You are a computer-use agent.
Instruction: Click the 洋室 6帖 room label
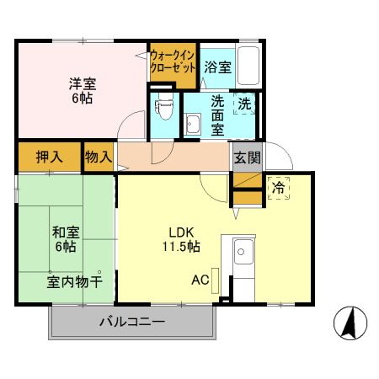[x=81, y=91]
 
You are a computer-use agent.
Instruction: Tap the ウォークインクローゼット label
[x=173, y=63]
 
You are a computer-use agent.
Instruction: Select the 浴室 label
[x=217, y=67]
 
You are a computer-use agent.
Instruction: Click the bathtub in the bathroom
[x=248, y=66]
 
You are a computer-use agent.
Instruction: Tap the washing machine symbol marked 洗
[x=243, y=105]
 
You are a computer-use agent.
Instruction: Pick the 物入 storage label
[x=99, y=157]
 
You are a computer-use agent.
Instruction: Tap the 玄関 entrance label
[x=247, y=157]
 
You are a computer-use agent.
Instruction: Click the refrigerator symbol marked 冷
[x=278, y=189]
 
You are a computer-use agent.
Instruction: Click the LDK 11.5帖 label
[x=181, y=239]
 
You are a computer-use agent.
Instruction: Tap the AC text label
[x=200, y=280]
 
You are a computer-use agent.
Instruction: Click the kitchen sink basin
[x=243, y=251]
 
